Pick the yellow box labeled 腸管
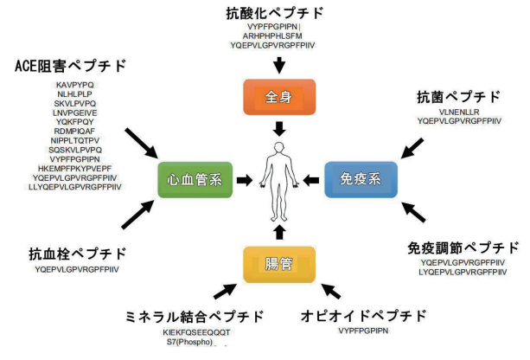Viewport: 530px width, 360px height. point(278,263)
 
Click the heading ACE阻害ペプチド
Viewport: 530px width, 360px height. point(70,66)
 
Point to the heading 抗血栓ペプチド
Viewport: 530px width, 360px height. point(77,254)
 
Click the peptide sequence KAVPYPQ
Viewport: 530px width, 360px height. point(75,84)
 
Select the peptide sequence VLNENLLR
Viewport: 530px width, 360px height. point(458,112)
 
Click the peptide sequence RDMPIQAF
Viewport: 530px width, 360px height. point(75,131)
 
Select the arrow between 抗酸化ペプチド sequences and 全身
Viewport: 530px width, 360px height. point(279,64)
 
